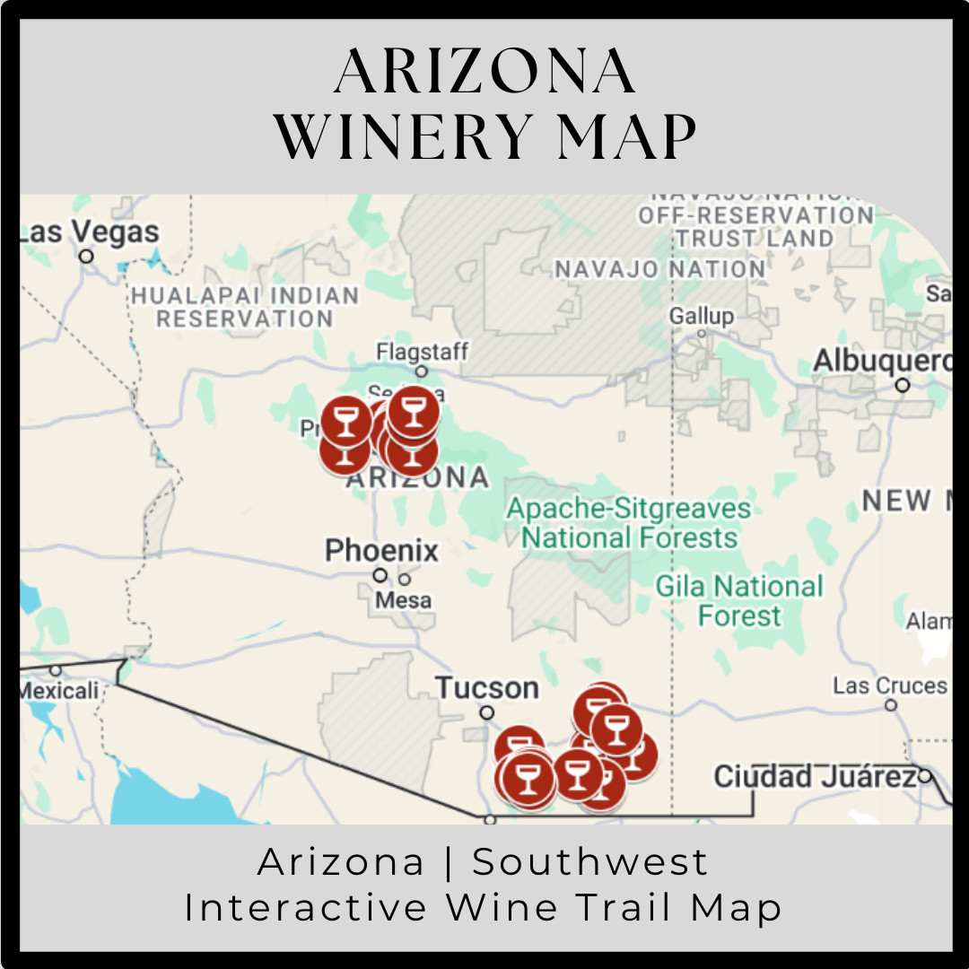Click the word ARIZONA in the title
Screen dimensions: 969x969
pyautogui.click(x=484, y=73)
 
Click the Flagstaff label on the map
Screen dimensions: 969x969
pyautogui.click(x=422, y=351)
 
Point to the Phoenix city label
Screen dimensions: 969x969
pyautogui.click(x=381, y=550)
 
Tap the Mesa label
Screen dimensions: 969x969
pyautogui.click(x=403, y=599)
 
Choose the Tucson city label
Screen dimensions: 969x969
pyautogui.click(x=487, y=688)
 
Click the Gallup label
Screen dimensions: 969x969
pyautogui.click(x=701, y=316)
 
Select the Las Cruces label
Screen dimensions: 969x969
pyautogui.click(x=889, y=686)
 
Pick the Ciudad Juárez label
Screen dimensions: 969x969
pyautogui.click(x=814, y=776)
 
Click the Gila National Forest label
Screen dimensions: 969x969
pyautogui.click(x=739, y=601)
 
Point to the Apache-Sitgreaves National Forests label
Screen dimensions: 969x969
pyautogui.click(x=628, y=523)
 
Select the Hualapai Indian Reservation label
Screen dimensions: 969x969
pyautogui.click(x=244, y=306)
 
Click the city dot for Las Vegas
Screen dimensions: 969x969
pyautogui.click(x=86, y=257)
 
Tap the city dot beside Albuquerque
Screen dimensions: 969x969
pyautogui.click(x=903, y=386)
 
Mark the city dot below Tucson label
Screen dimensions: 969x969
pyautogui.click(x=486, y=713)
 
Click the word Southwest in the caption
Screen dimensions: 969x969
pyautogui.click(x=590, y=862)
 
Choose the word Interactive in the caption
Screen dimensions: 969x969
pyautogui.click(x=305, y=907)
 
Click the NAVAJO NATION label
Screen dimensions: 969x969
pyautogui.click(x=659, y=268)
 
